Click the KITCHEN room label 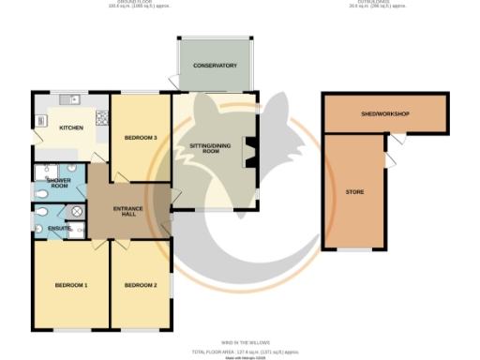pos(71,128)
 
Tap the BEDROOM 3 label pos(141,138)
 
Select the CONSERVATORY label pos(215,66)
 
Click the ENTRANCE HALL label pos(127,212)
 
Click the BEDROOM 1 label pos(70,285)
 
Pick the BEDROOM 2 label pos(141,285)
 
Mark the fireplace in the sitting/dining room pos(250,150)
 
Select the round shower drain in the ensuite pos(75,209)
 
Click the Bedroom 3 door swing pos(118,173)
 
